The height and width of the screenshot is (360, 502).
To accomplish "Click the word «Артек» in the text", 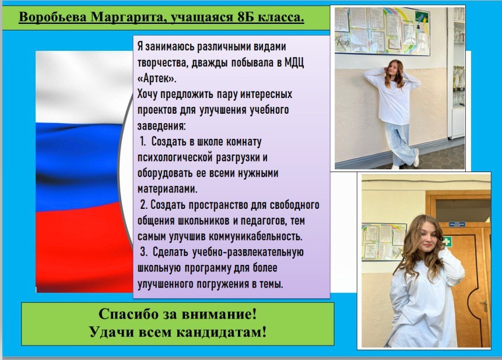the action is [x=157, y=78].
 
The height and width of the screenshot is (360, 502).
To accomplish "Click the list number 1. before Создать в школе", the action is [x=143, y=141].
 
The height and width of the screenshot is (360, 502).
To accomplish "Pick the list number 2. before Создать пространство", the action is [x=143, y=204].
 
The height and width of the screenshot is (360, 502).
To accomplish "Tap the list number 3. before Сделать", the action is [x=143, y=251].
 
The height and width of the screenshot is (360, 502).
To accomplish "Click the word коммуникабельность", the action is [x=255, y=236].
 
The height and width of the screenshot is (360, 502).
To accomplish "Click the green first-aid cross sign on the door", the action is [x=446, y=242].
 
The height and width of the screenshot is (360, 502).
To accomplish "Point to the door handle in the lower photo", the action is [x=485, y=306].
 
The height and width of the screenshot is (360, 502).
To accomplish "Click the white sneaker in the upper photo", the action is [x=416, y=158].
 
